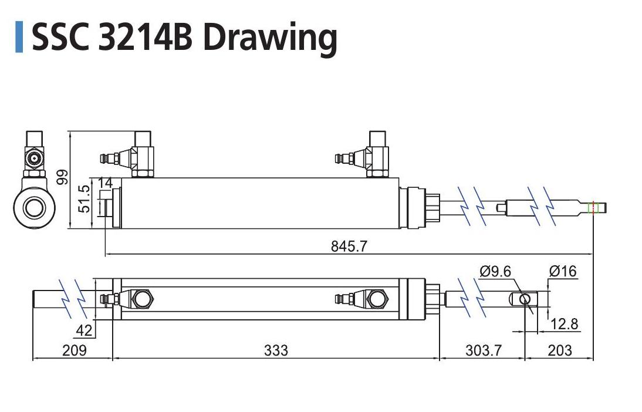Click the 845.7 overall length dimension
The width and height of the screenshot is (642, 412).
pyautogui.click(x=349, y=246)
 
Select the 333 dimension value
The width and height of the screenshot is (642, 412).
pyautogui.click(x=276, y=350)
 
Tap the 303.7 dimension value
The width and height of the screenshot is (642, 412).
pyautogui.click(x=484, y=350)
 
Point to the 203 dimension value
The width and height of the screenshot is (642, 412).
pyautogui.click(x=560, y=350)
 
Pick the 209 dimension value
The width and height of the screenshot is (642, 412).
pyautogui.click(x=75, y=350)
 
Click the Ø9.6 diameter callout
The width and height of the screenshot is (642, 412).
pyautogui.click(x=495, y=271)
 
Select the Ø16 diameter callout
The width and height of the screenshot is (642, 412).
pyautogui.click(x=563, y=271)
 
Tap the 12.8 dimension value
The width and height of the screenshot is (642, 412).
pyautogui.click(x=564, y=324)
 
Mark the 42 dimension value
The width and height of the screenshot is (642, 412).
pyautogui.click(x=85, y=330)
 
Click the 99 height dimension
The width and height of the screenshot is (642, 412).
pyautogui.click(x=63, y=177)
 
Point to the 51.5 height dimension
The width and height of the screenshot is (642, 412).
pyautogui.click(x=84, y=199)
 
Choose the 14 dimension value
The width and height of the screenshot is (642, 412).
pyautogui.click(x=105, y=183)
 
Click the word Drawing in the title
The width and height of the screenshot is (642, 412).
pyautogui.click(x=270, y=38)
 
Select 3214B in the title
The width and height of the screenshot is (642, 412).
pyautogui.click(x=146, y=38)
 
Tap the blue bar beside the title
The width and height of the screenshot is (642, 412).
pyautogui.click(x=19, y=37)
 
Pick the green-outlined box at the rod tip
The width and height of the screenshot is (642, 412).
pyautogui.click(x=593, y=208)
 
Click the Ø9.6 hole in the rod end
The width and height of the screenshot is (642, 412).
pyautogui.click(x=525, y=299)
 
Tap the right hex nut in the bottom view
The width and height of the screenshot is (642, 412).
pyautogui.click(x=377, y=299)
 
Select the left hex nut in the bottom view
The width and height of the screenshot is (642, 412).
pyautogui.click(x=143, y=299)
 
